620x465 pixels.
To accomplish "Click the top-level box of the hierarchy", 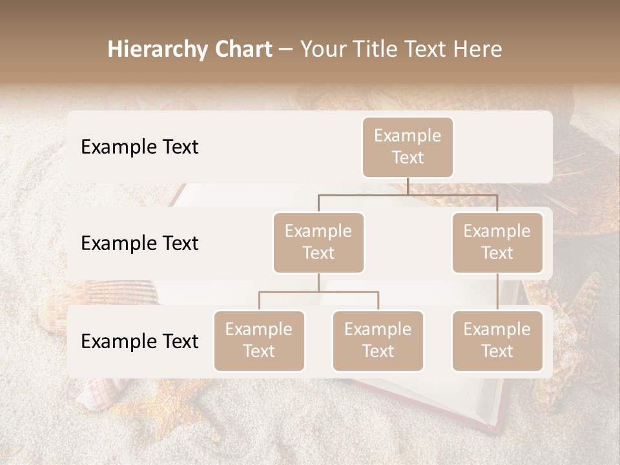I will [408, 147].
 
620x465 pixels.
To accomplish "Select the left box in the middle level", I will [318, 242].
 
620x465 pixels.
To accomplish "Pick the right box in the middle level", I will [497, 242].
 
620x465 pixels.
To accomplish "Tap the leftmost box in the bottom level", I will [259, 340].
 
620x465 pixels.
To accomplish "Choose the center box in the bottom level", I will [378, 340].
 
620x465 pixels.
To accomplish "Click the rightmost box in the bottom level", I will [497, 340].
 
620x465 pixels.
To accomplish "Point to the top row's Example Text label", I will [139, 147].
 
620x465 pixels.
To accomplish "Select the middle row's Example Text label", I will [139, 243].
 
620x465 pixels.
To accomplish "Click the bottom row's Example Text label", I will [139, 341].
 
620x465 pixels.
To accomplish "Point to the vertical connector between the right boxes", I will [497, 292].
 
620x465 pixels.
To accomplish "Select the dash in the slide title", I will [286, 50].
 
